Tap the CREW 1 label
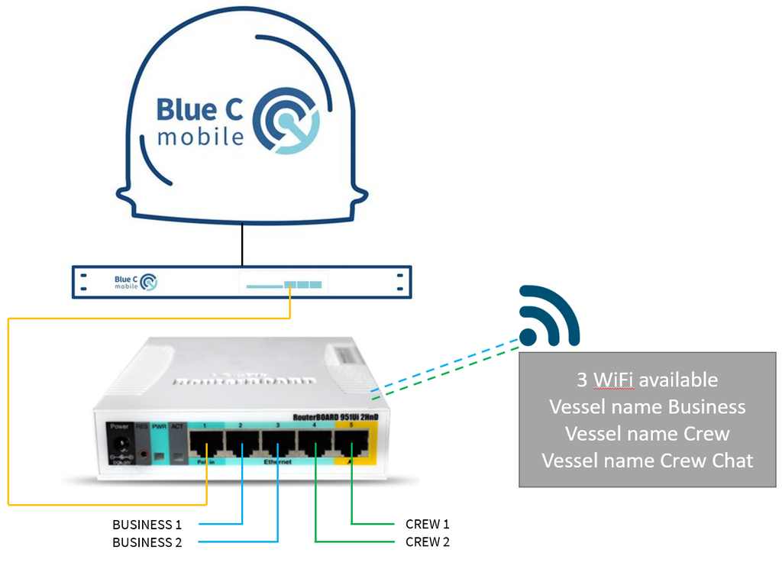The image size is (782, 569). point(428,525)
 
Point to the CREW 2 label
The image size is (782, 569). point(428,542)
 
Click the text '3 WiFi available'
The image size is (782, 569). point(647,380)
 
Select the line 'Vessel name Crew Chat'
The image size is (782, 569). point(647,461)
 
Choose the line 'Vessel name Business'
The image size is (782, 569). point(647,406)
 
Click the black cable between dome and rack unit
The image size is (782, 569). point(243,244)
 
